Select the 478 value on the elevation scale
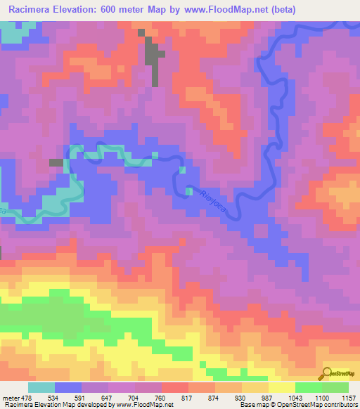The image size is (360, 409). click(x=26, y=398)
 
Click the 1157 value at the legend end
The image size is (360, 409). click(x=348, y=398)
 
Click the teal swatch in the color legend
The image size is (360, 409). click(x=41, y=388)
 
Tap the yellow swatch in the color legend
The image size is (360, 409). click(x=281, y=388)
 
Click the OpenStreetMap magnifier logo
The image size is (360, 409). click(x=326, y=374)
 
